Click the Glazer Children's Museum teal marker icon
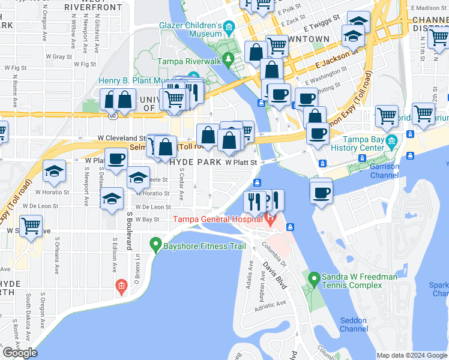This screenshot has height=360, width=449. tap(229, 27)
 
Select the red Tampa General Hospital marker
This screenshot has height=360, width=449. tap(270, 220)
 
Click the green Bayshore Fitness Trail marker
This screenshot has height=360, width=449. tap(155, 244)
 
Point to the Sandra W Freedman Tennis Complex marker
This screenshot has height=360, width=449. tap(313, 279)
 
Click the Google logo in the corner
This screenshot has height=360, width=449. tap(20, 353)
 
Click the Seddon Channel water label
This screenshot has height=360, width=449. tap(354, 325)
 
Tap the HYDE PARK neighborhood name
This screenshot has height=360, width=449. tap(194, 163)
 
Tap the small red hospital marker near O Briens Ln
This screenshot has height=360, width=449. tap(122, 286)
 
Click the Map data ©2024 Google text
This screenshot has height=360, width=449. tap(412, 355)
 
